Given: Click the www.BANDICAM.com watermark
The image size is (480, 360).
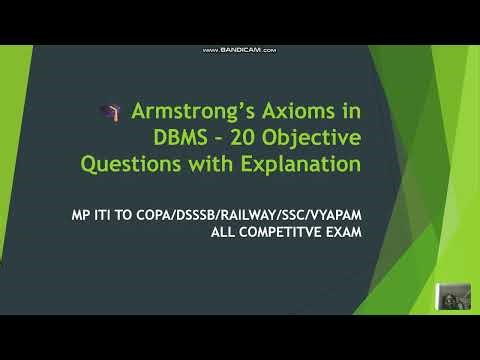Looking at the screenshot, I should [x=239, y=50].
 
